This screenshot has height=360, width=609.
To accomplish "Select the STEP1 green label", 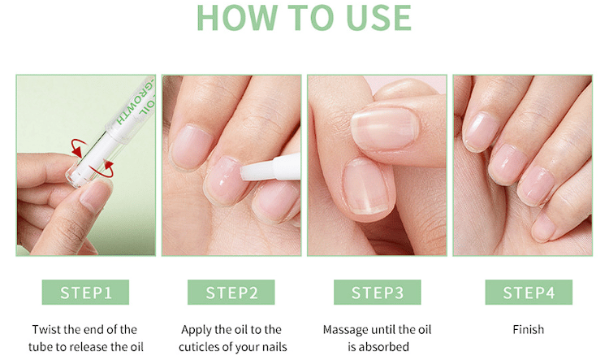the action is (85, 292).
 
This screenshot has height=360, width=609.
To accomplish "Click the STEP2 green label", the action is (231, 292).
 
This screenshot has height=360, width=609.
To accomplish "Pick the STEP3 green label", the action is (377, 292).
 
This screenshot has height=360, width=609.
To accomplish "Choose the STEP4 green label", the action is (529, 292).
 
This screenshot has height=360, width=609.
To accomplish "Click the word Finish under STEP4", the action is (529, 330).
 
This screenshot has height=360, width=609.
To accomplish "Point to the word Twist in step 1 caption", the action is (46, 330).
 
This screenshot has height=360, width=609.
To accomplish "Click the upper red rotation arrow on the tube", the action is (79, 147).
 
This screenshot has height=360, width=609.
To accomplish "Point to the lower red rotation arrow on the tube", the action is (104, 171).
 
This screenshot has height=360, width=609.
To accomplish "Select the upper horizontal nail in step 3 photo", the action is (385, 128).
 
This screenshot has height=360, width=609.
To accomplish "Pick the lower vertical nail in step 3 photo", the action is (366, 187).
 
